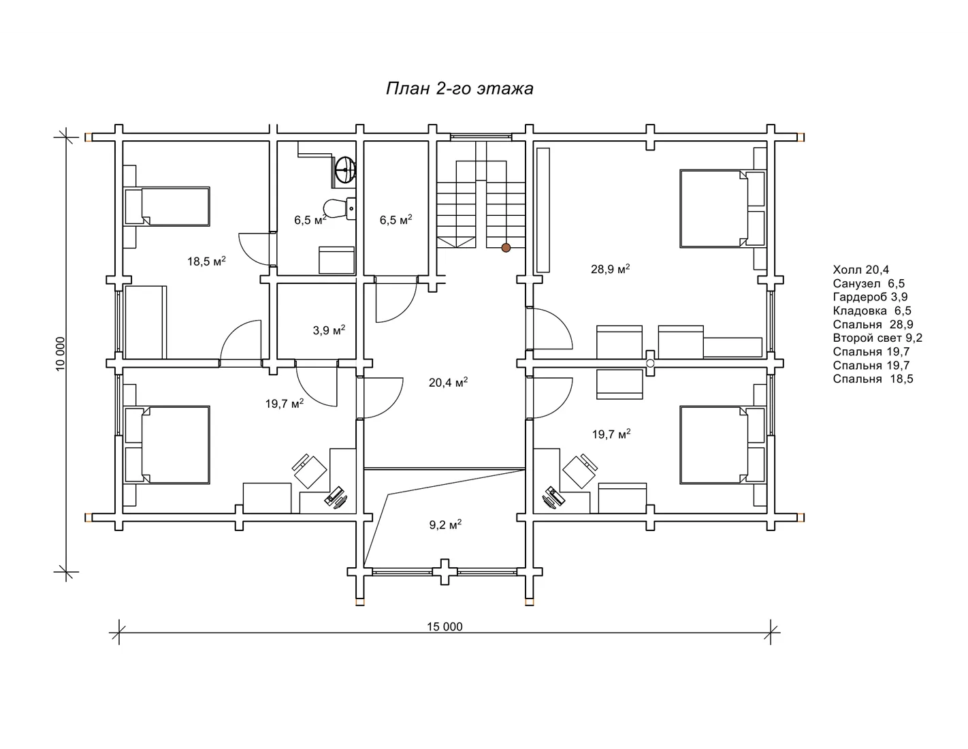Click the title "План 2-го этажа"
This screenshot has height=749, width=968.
[x=459, y=89]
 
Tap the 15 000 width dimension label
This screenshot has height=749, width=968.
[x=445, y=626]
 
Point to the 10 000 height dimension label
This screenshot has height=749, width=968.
[x=60, y=353]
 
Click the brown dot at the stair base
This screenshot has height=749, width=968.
[x=506, y=248]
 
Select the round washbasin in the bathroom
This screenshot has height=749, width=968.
[x=345, y=170]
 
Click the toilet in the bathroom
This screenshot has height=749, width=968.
[x=336, y=208]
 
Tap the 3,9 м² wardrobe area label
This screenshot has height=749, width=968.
[x=329, y=330]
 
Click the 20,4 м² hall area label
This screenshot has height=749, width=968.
[x=448, y=382]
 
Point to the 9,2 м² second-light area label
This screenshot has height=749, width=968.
[x=445, y=524]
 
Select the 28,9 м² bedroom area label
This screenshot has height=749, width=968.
[x=611, y=269]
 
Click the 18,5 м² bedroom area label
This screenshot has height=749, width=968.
[x=206, y=261]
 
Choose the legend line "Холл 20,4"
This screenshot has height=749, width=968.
[x=860, y=270]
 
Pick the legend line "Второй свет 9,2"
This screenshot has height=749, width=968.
[x=877, y=338]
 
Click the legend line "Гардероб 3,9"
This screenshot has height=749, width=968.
[x=870, y=297]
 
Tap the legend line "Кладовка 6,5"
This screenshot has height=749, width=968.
[x=872, y=310]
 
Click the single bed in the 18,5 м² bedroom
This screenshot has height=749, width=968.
[x=167, y=206]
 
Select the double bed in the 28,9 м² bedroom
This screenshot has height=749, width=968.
[x=722, y=208]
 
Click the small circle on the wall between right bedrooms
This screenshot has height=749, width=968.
[x=650, y=364]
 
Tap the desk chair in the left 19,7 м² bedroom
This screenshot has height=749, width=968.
[x=309, y=471]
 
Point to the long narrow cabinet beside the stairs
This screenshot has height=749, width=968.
[x=543, y=210]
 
